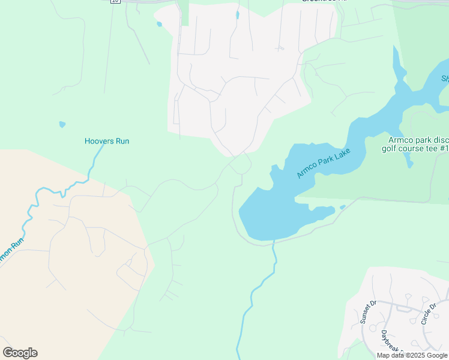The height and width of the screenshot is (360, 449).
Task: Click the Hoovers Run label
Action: pyautogui.click(x=106, y=141)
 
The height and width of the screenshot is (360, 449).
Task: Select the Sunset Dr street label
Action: pyautogui.click(x=367, y=312)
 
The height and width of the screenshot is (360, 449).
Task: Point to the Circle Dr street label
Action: pyautogui.click(x=427, y=312)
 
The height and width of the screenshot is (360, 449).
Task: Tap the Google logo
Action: pyautogui.click(x=20, y=353)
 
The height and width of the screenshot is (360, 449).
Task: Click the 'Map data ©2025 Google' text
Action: pyautogui.click(x=412, y=355)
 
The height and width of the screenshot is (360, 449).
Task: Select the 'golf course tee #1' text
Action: pyautogui.click(x=415, y=148)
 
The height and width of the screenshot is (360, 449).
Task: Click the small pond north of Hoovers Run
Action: pyautogui.click(x=62, y=125)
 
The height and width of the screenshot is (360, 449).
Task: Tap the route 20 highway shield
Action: pyautogui.click(x=115, y=2)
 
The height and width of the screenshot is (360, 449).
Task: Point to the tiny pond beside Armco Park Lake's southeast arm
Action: pyautogui.click(x=342, y=208)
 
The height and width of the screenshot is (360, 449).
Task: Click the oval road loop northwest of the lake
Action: pyautogui.click(x=240, y=164)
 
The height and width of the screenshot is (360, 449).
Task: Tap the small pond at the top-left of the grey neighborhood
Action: pyautogui.click(x=159, y=25)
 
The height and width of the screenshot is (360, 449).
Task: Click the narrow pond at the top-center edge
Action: pyautogui.click(x=238, y=15)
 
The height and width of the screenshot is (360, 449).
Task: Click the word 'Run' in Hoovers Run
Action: pyautogui.click(x=122, y=141)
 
